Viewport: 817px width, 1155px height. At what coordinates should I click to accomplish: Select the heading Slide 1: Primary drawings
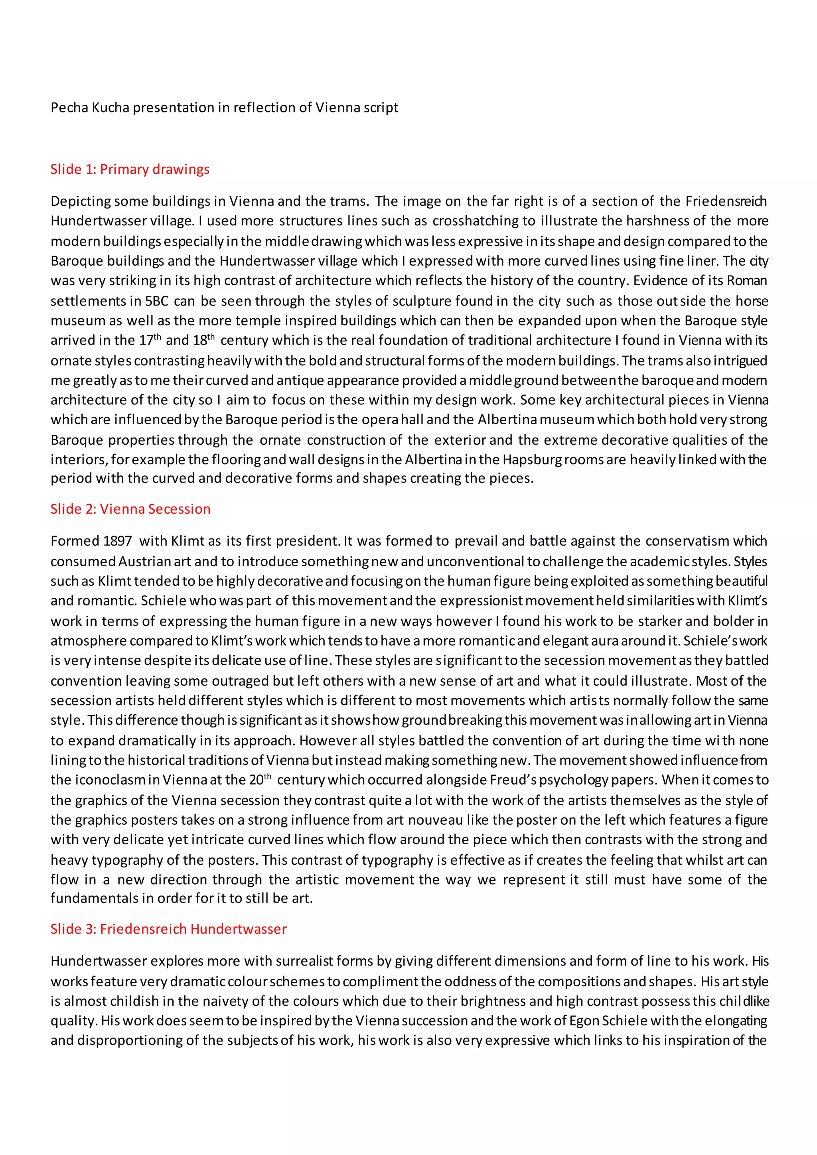click(130, 169)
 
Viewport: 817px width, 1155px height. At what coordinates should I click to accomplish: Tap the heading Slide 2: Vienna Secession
click(130, 509)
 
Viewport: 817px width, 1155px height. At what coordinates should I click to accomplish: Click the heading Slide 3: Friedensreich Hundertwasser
click(168, 929)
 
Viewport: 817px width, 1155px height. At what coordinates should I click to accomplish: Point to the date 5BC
click(157, 301)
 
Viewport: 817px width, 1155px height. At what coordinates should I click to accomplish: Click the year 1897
click(117, 541)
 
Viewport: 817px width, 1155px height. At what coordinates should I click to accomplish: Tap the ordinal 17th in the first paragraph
click(150, 340)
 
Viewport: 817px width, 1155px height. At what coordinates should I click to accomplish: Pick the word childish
click(131, 1001)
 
